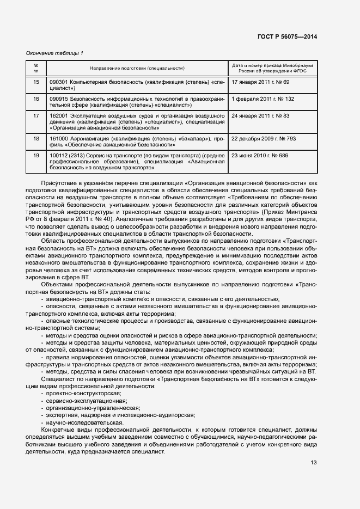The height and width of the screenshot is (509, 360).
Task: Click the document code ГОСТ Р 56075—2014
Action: coord(287,36)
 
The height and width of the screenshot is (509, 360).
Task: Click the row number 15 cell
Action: coord(36,82)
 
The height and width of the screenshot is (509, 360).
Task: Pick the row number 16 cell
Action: coord(36,99)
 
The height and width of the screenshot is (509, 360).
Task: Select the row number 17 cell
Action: coord(36,116)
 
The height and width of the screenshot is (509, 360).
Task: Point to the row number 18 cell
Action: coord(36,139)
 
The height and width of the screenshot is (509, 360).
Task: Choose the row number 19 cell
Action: coord(36,156)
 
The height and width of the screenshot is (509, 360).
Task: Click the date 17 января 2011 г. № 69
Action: coord(260,82)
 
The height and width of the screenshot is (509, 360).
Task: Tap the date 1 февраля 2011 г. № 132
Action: coord(263,99)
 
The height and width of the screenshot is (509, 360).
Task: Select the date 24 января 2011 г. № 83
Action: coord(260,116)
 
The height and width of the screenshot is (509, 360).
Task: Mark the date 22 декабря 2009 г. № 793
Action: coord(264,139)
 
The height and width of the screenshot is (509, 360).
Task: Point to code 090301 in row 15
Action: coord(58,82)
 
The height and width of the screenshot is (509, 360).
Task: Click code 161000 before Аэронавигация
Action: coord(58,139)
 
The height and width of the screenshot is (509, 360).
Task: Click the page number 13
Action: coord(313,463)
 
